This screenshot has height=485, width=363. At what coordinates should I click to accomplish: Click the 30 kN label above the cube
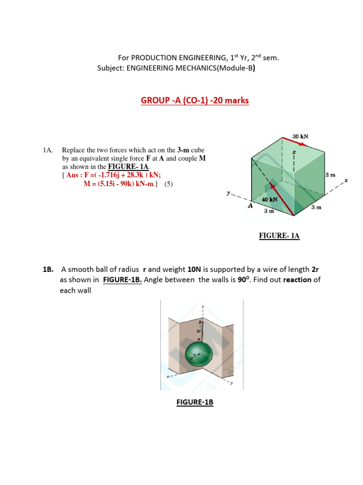coord(300,136)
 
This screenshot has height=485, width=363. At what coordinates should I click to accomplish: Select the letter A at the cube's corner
coord(251,207)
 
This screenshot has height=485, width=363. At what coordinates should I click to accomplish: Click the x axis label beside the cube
coord(346,180)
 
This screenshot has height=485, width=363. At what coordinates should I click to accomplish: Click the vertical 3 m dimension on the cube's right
coord(330,175)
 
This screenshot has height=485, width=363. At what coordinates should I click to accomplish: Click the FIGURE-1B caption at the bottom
coord(195,402)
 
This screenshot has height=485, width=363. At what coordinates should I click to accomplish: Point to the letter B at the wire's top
coord(200,322)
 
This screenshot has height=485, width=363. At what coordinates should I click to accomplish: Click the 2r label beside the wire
coord(198,331)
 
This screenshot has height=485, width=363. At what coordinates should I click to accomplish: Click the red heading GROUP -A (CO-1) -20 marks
coord(195,100)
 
